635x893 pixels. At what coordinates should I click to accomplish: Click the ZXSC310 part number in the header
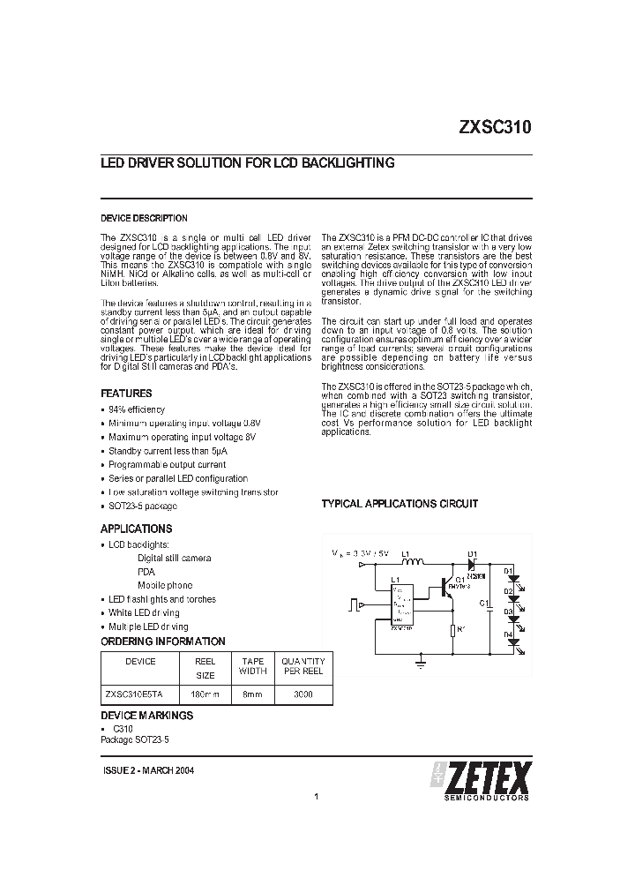pyautogui.click(x=494, y=126)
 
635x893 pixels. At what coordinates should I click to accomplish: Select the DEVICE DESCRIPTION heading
pyautogui.click(x=144, y=218)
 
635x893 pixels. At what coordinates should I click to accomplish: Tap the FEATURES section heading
pyautogui.click(x=126, y=394)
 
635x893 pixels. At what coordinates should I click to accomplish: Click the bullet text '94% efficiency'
pyautogui.click(x=137, y=410)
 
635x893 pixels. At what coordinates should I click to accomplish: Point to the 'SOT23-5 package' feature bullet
pyautogui.click(x=143, y=506)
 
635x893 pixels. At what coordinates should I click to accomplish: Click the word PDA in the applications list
pyautogui.click(x=146, y=572)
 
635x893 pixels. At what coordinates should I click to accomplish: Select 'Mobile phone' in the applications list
pyautogui.click(x=165, y=585)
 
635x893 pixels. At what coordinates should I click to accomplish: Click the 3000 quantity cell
pyautogui.click(x=303, y=694)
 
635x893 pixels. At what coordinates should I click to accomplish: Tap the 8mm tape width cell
pyautogui.click(x=253, y=694)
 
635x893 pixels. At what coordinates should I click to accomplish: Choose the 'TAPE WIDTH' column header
pyautogui.click(x=253, y=665)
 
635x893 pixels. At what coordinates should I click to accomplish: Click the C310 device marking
pyautogui.click(x=123, y=731)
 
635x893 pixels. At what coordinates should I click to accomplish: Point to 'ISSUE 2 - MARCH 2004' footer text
pyautogui.click(x=148, y=770)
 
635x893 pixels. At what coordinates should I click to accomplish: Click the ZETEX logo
pyautogui.click(x=482, y=779)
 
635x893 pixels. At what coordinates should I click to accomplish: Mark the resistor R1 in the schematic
pyautogui.click(x=452, y=630)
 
